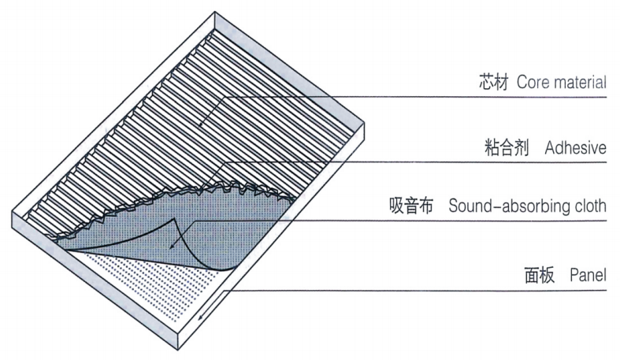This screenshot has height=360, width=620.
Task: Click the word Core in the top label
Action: click(532, 82)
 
